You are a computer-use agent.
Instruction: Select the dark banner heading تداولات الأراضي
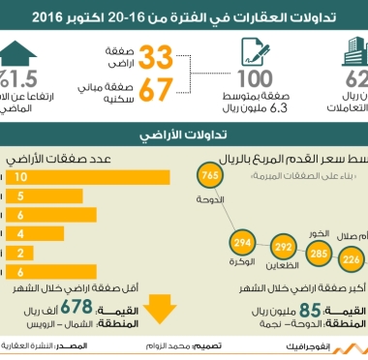coord(184,133)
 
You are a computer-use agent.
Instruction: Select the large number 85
coord(310,311)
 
